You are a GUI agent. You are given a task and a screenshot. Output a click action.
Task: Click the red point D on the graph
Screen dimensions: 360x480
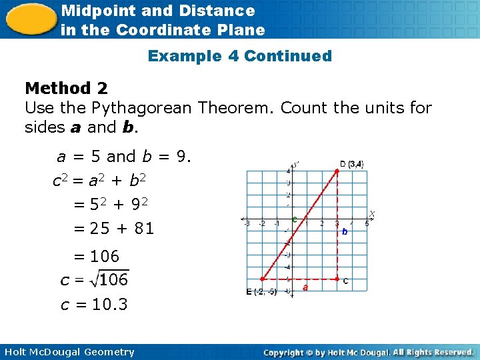337,171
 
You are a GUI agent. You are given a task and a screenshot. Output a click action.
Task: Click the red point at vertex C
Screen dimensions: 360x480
337,279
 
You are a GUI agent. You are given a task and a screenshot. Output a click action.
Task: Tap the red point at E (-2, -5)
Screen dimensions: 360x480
262,279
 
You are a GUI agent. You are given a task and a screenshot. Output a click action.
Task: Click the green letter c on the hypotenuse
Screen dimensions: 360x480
294,219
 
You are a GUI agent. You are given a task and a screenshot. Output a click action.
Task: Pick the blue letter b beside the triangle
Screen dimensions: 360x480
345,232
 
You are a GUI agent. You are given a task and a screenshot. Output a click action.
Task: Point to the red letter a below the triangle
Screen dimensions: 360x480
305,288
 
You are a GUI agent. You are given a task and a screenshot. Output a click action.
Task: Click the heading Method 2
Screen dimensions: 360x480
66,88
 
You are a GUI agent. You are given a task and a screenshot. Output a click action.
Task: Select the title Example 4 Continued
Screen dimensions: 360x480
239,56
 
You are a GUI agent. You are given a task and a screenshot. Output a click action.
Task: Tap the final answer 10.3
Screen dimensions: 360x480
109,305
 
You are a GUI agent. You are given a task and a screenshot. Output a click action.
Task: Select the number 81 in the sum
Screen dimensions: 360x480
144,229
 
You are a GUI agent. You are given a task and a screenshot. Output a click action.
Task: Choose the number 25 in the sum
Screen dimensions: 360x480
99,229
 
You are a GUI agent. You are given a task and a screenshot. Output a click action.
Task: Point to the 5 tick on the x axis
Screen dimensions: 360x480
366,224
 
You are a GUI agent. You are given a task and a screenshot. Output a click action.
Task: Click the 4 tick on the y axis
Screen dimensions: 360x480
288,171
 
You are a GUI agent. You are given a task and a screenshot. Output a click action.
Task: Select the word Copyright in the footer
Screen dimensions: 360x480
288,352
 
